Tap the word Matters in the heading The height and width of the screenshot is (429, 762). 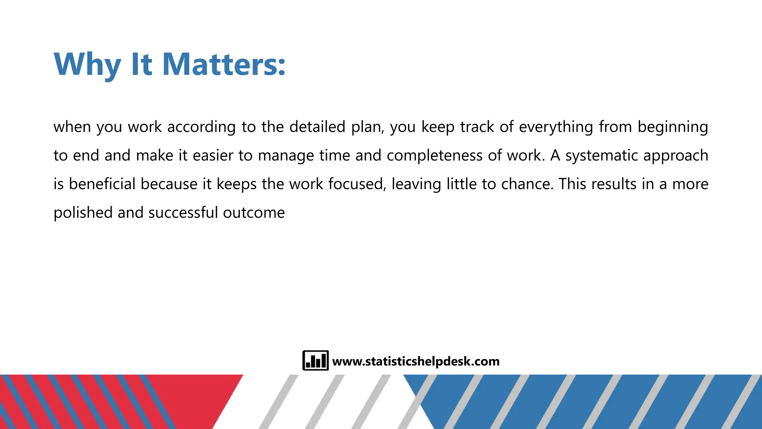tap(224, 64)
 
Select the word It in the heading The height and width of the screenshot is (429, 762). tap(142, 64)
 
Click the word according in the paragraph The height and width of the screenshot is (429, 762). tap(201, 127)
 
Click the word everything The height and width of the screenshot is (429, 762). tap(556, 127)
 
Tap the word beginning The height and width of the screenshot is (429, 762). tap(673, 127)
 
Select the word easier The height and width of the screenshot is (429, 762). tap(213, 156)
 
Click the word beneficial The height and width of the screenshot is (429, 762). tap(102, 184)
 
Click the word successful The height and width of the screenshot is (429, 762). tap(183, 213)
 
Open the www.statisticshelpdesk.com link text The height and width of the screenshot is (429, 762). tap(416, 361)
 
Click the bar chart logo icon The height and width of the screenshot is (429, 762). tap(316, 360)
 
